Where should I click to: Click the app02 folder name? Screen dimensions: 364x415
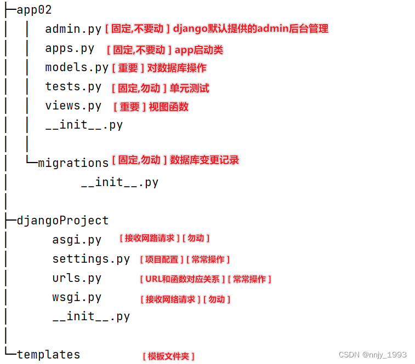[34, 10]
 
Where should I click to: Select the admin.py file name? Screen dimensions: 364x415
[73, 29]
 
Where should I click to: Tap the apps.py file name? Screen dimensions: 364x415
[70, 48]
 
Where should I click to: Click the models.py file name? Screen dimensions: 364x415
[77, 67]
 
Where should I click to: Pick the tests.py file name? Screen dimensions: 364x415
[73, 86]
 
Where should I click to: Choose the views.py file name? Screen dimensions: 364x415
[73, 106]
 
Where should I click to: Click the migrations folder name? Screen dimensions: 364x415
[73, 163]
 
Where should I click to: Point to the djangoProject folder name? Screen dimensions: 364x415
[62, 221]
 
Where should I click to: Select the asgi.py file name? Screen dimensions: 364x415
[77, 240]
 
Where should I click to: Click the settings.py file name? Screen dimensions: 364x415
[91, 259]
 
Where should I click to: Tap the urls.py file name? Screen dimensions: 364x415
[77, 278]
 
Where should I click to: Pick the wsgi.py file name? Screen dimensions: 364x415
[77, 297]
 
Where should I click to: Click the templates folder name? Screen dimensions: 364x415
[48, 354]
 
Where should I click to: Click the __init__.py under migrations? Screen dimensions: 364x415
[120, 182]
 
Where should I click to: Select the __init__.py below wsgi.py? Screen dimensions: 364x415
[91, 316]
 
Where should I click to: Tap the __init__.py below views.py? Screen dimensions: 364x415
[84, 125]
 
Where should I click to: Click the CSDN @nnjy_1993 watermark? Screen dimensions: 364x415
[373, 355]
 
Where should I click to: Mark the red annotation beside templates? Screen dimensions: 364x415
[168, 356]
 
